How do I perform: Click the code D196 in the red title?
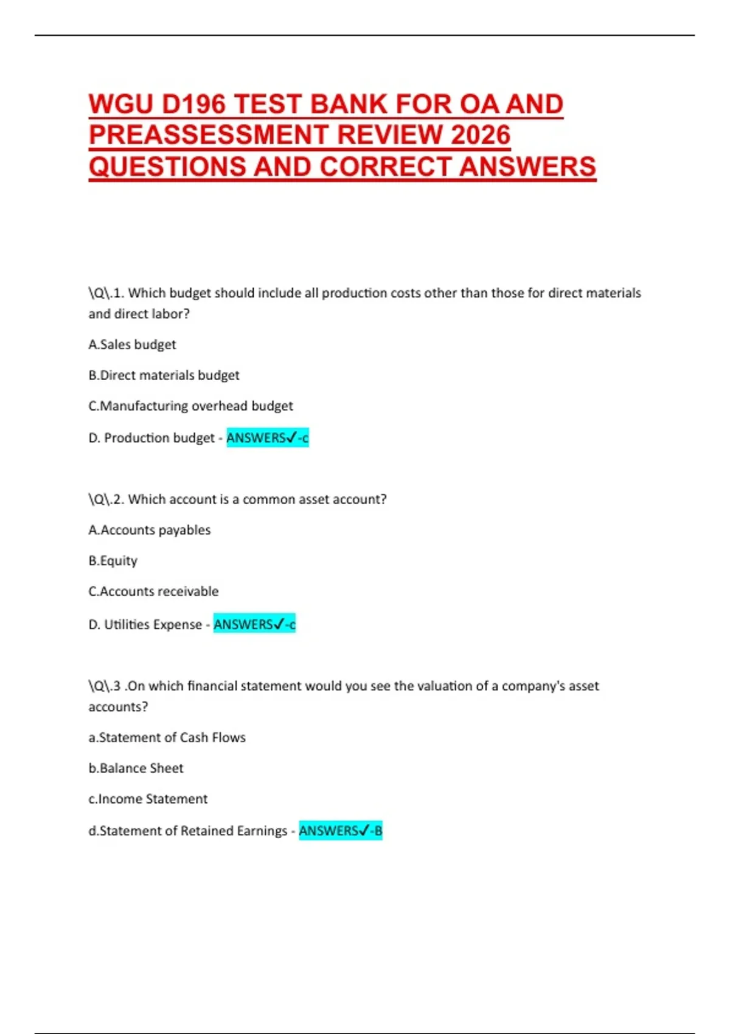coord(193,104)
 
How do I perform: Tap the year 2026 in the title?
coord(480,135)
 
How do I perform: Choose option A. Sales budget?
coord(132,344)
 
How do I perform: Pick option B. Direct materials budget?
coord(164,375)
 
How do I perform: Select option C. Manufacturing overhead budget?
coord(190,406)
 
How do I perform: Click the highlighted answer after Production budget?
coord(268,437)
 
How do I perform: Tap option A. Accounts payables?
coord(150,530)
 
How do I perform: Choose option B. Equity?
coord(113,560)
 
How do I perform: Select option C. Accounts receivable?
coord(153,591)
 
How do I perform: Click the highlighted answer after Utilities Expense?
coord(254,624)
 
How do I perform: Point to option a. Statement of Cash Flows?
coord(167,737)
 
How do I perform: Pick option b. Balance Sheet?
coord(136,768)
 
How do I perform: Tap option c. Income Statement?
coord(148,799)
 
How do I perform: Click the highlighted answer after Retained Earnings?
coord(341,830)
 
